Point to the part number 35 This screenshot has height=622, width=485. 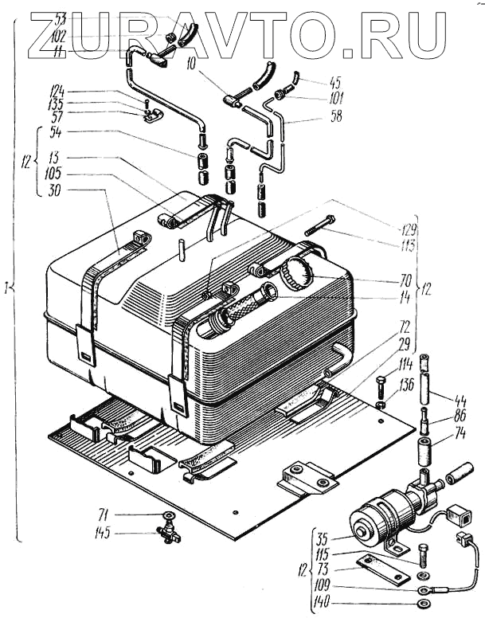pos(319,538)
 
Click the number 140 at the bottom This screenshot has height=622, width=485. pos(321,604)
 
